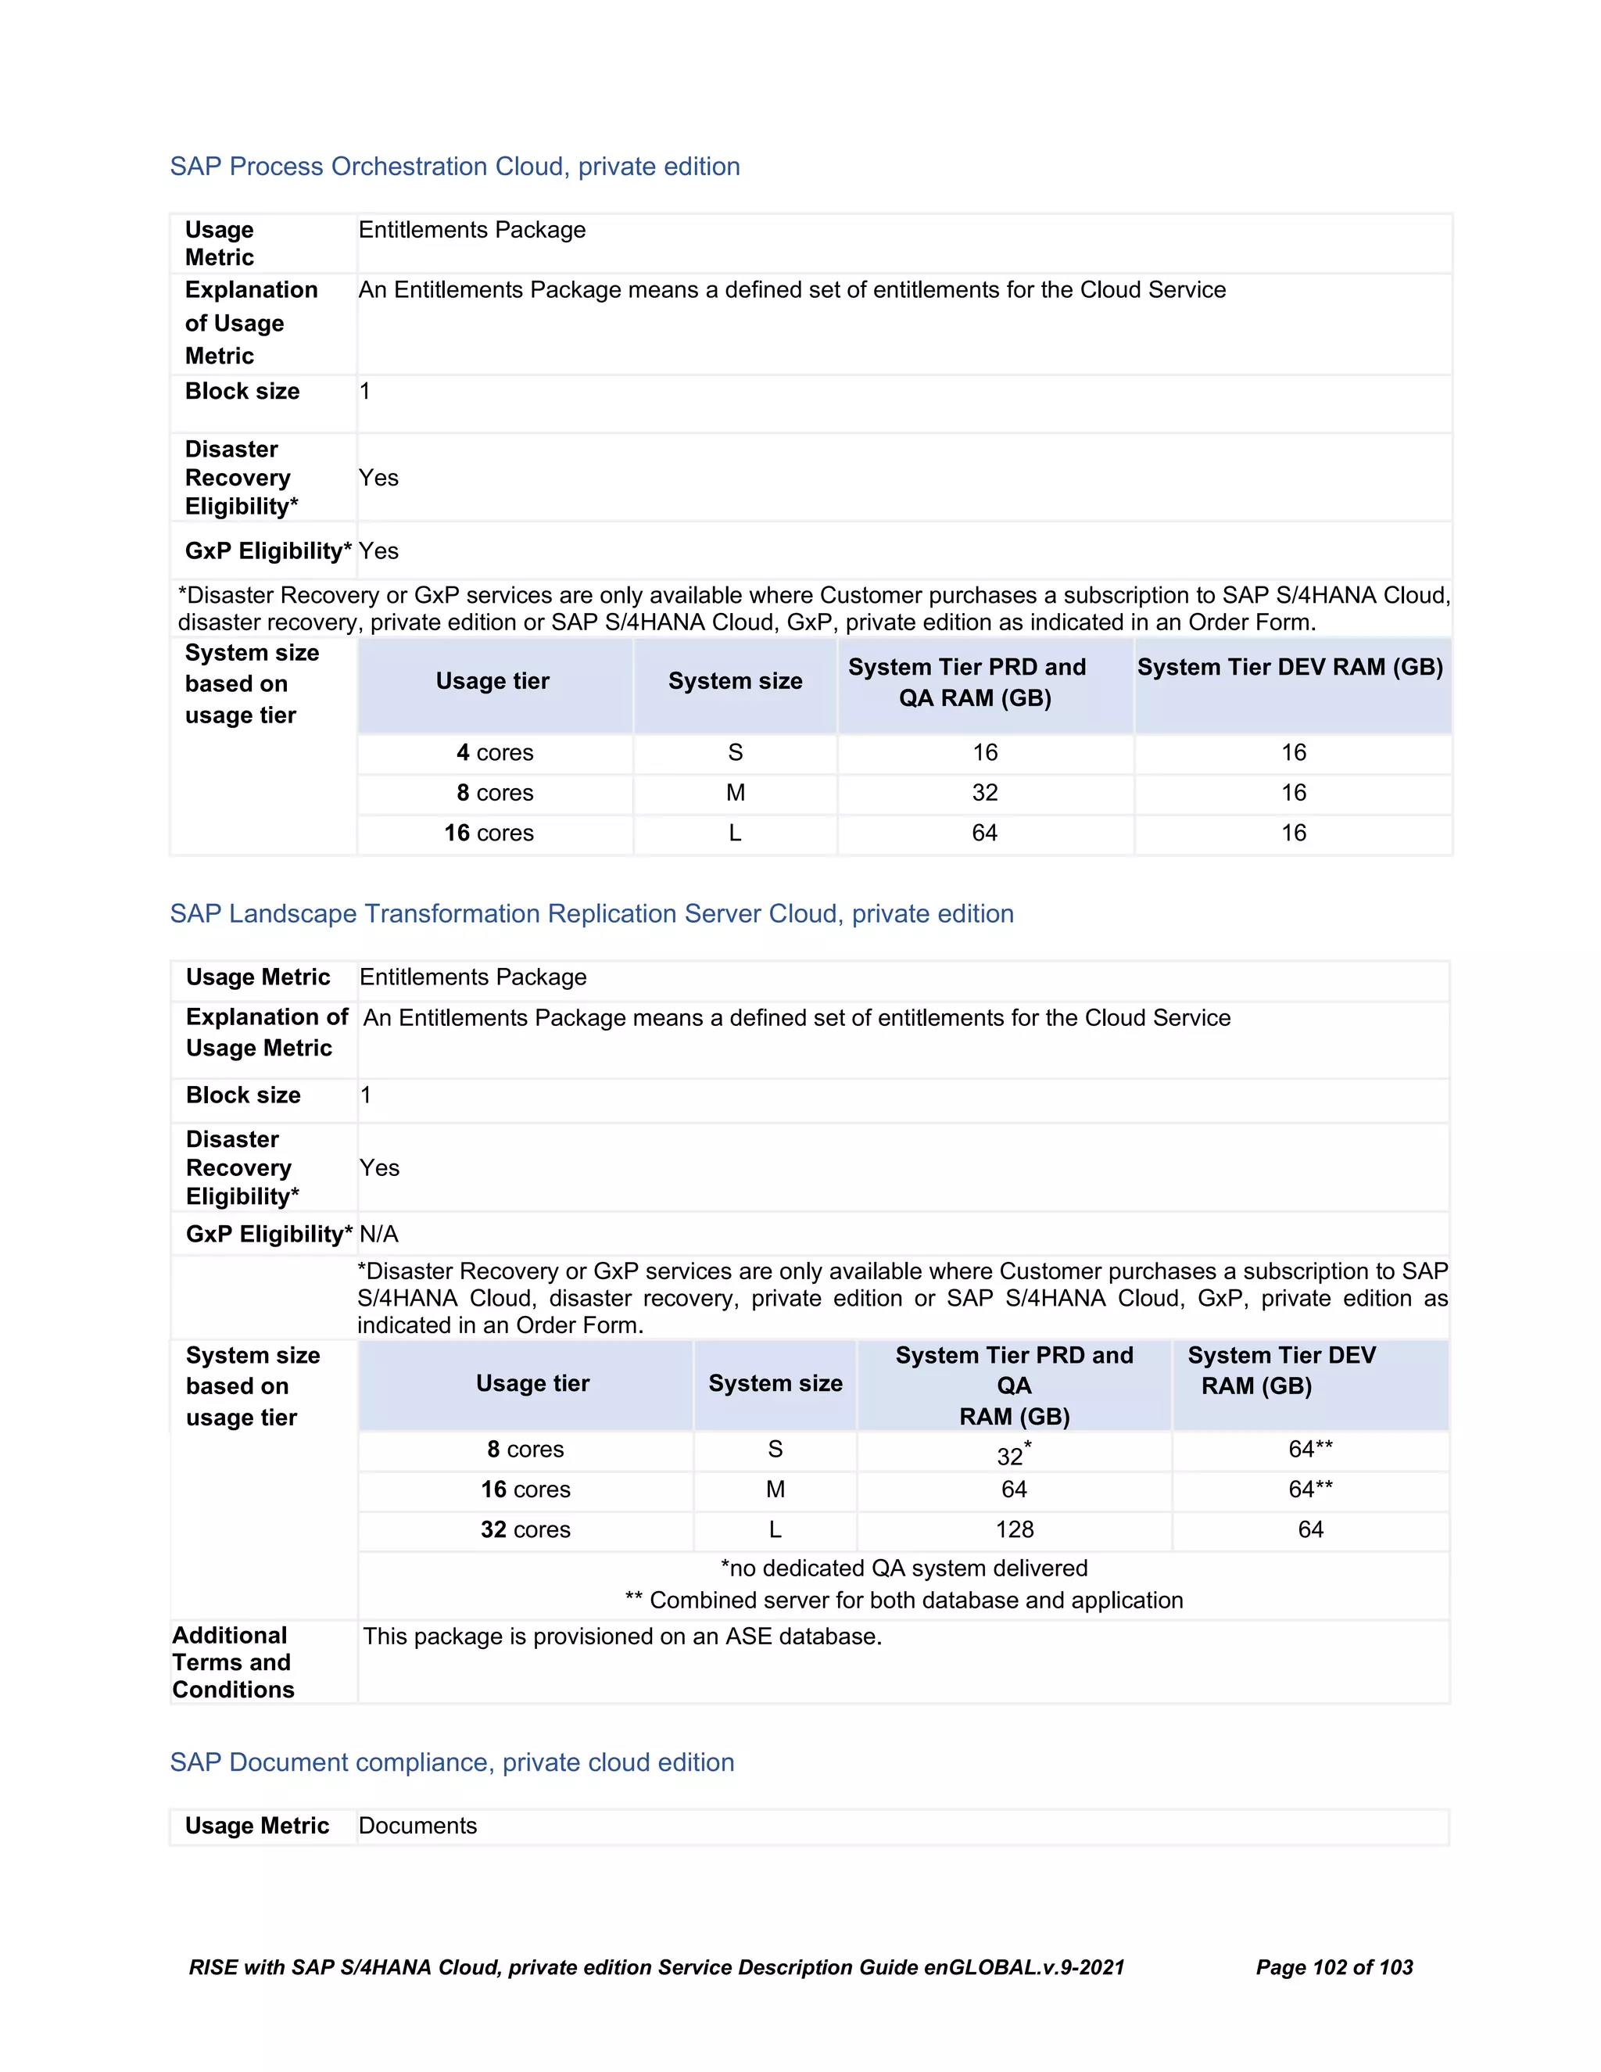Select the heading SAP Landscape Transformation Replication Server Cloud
591,913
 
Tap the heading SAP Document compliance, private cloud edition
452,1762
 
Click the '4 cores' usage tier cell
494,752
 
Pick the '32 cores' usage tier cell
525,1529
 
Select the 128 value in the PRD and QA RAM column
1014,1529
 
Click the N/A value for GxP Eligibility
378,1235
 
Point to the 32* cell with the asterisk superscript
1013,1454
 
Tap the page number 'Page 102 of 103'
1334,1968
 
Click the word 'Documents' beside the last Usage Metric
417,1826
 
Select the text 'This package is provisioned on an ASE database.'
622,1636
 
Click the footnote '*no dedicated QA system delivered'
903,1568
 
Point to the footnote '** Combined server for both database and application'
903,1601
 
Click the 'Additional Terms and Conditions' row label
233,1662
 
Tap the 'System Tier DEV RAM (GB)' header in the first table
1290,668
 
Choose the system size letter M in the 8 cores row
735,793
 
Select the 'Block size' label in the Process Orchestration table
242,391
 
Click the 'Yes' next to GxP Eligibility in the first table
378,551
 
